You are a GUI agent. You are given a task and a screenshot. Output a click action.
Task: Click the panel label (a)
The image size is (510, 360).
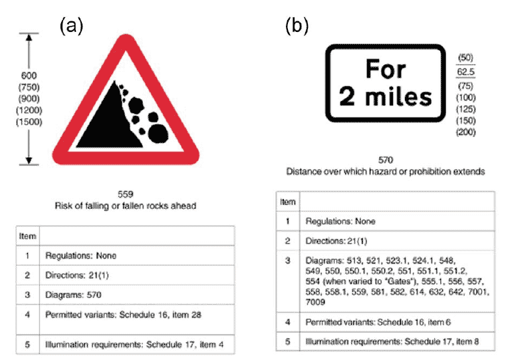(71, 26)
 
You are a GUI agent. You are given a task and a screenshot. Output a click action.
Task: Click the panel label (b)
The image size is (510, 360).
(297, 26)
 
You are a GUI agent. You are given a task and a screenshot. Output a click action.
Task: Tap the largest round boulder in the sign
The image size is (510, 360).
(158, 134)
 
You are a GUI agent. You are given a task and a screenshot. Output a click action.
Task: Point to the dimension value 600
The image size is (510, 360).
(29, 75)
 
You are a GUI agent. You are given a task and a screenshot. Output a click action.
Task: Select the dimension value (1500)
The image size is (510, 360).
(29, 122)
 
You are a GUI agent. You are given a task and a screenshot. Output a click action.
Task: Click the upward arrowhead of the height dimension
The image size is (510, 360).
(29, 37)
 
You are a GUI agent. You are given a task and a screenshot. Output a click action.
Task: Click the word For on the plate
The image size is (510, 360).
(386, 69)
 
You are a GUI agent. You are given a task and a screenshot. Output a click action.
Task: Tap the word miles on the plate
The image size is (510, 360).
(398, 96)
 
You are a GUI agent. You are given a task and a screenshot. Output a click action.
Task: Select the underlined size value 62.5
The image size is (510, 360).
(465, 72)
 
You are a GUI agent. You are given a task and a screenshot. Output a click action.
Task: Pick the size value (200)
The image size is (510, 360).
(465, 132)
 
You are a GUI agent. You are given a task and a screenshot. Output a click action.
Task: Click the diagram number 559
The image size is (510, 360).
(126, 194)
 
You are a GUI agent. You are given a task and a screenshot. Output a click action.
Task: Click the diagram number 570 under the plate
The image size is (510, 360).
(386, 160)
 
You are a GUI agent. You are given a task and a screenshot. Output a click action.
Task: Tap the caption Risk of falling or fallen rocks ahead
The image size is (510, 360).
(126, 206)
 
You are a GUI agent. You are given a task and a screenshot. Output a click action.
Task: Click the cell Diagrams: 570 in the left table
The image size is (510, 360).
(73, 295)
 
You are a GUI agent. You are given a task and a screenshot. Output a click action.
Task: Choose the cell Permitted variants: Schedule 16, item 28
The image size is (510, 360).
(123, 315)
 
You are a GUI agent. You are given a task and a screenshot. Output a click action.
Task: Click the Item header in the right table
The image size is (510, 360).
(288, 202)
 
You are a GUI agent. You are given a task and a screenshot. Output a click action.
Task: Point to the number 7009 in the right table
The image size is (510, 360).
(315, 302)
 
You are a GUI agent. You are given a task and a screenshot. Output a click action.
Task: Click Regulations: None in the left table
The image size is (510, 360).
(80, 256)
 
